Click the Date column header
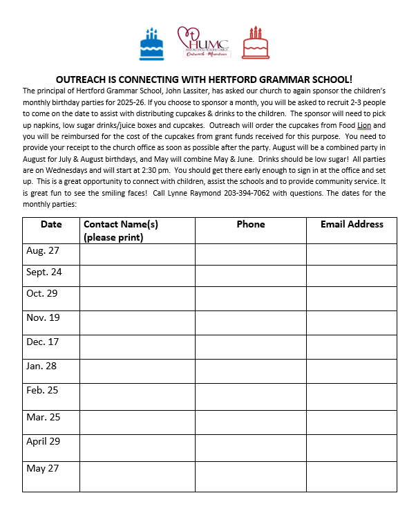click(51, 224)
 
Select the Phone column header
click(250, 224)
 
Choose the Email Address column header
click(351, 224)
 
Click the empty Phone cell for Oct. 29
click(250, 298)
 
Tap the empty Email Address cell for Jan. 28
click(351, 371)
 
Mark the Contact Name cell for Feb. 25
click(137, 397)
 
